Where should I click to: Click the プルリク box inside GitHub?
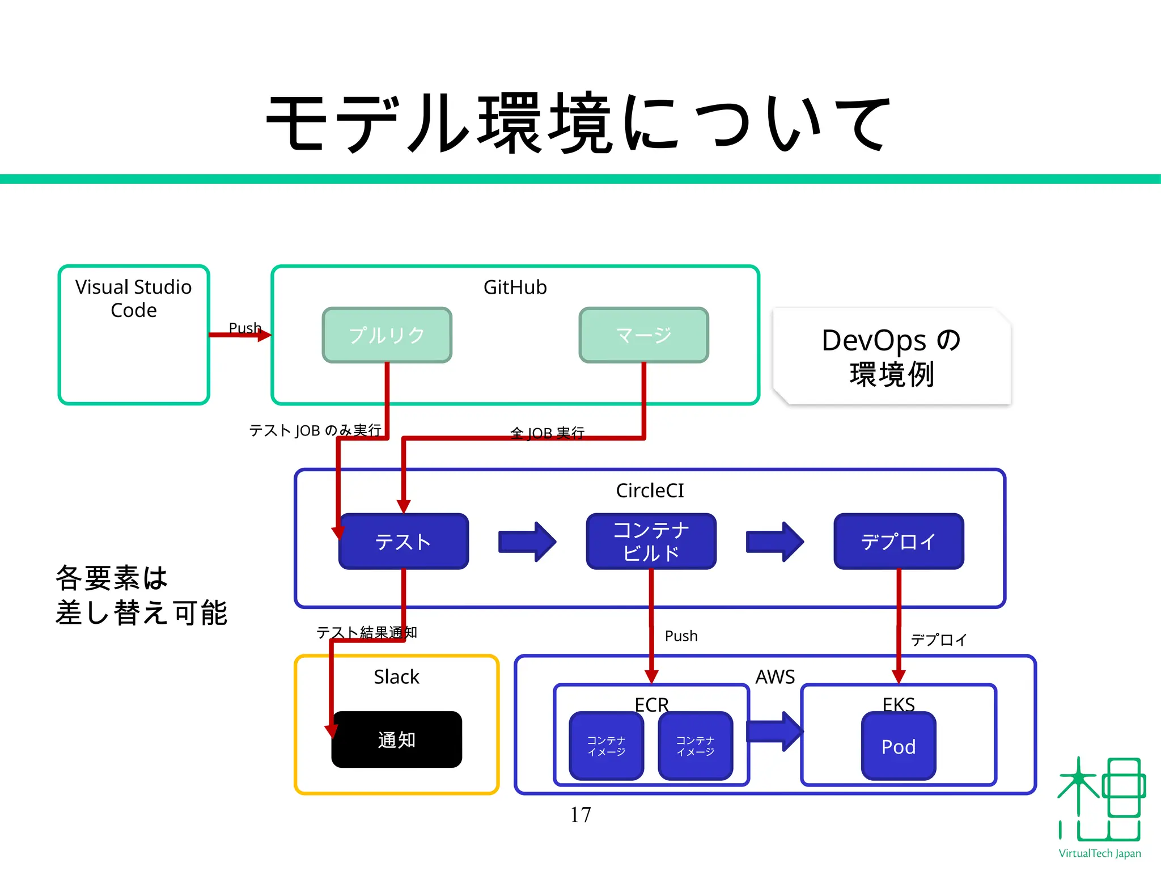pos(387,335)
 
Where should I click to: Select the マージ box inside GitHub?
pos(643,335)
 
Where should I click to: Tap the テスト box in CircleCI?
pos(404,542)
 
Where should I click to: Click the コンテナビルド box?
pos(651,542)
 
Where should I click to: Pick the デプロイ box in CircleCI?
pos(899,542)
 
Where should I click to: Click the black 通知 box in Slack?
pos(397,739)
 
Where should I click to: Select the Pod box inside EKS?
pos(899,746)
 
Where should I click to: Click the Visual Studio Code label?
pos(134,298)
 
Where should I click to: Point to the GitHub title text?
pos(515,287)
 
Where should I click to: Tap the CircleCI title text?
pos(650,491)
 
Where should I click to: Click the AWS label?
pos(775,676)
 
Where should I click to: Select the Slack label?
pos(396,676)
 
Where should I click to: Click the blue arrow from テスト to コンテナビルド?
pos(527,542)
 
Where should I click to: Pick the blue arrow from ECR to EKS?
pos(774,732)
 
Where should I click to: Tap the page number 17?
pos(580,815)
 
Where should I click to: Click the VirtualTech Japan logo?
pos(1100,805)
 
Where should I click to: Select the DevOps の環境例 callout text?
pos(892,357)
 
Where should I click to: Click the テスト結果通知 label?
pos(367,632)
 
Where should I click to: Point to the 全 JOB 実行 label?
pos(547,433)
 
